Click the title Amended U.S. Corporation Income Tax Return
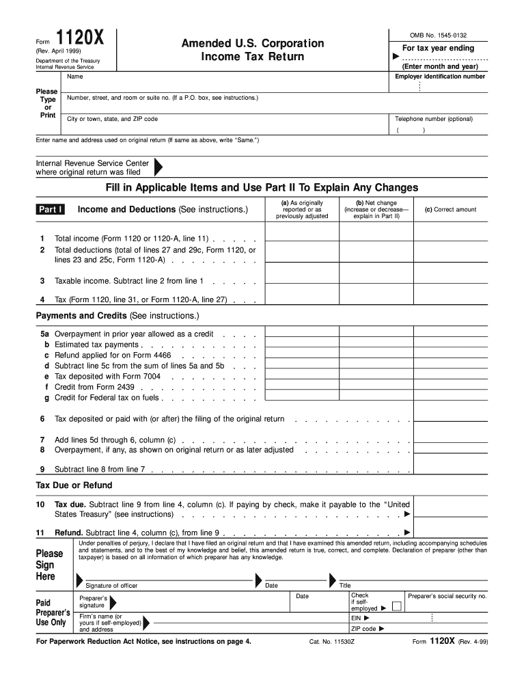(252, 50)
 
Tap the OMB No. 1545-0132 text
(438, 35)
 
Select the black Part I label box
(51, 209)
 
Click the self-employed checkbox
(396, 607)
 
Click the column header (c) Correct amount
(450, 210)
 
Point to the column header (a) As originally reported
(301, 209)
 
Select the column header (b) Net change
(376, 209)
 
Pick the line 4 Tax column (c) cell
(450, 299)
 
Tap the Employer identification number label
(440, 77)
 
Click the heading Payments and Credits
(117, 316)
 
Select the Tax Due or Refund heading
(74, 485)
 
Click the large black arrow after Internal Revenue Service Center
(158, 168)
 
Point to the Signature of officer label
(111, 585)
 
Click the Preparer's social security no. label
(447, 596)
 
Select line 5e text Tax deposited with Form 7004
(107, 376)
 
